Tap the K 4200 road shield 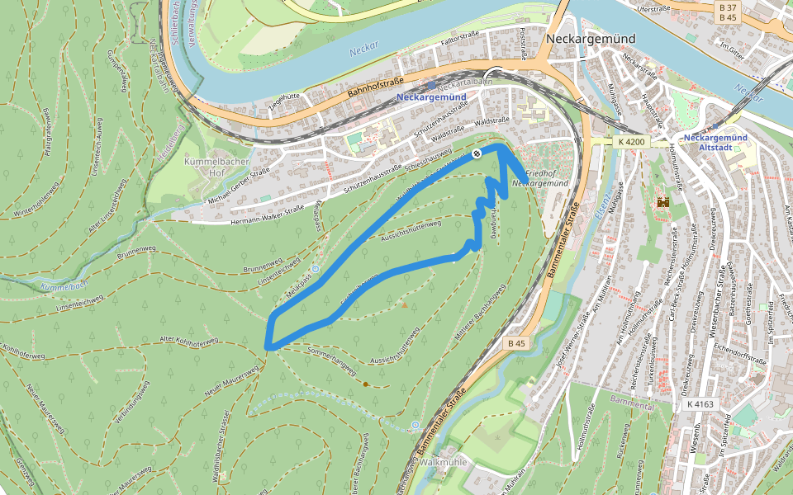(x=630, y=142)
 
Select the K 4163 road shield (x=699, y=405)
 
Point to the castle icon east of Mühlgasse (x=662, y=201)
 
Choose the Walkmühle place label (x=444, y=462)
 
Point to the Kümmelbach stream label (x=63, y=285)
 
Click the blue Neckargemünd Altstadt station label (x=716, y=142)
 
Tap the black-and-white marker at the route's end (x=477, y=154)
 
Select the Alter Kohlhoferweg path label (x=188, y=341)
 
